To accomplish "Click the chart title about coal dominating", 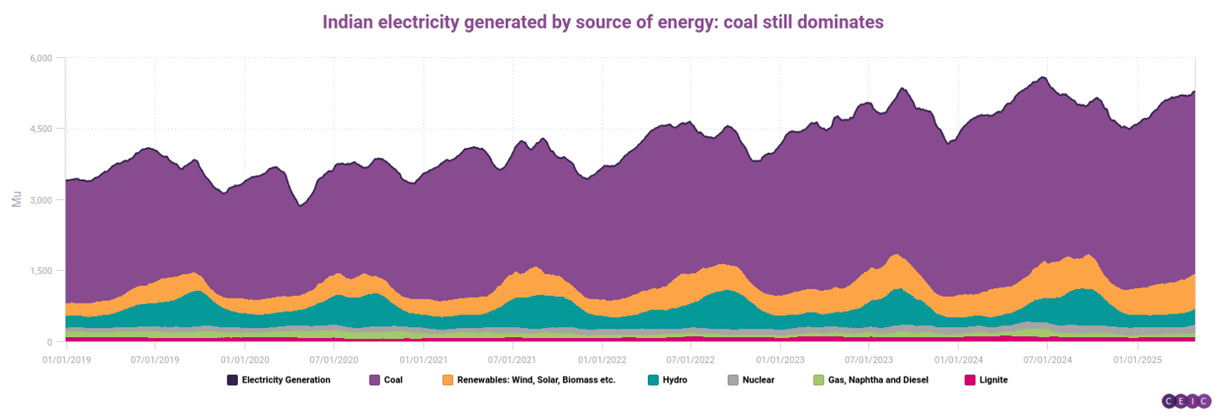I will tap(602, 23).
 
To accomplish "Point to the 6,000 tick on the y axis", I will tap(40, 58).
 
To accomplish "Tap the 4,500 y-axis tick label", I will tap(40, 129).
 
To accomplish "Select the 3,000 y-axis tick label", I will tap(40, 200).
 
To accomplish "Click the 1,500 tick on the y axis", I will tap(40, 271).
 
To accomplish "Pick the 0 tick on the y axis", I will tap(49, 342).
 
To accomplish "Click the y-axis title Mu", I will tap(17, 200).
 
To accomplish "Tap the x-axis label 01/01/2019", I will tap(66, 359).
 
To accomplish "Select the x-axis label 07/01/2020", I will tap(334, 359).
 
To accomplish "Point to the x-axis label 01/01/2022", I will tap(602, 359).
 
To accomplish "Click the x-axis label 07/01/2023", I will tap(870, 359).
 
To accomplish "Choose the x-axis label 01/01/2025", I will tap(1137, 359).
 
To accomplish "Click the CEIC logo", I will tap(1186, 402).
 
